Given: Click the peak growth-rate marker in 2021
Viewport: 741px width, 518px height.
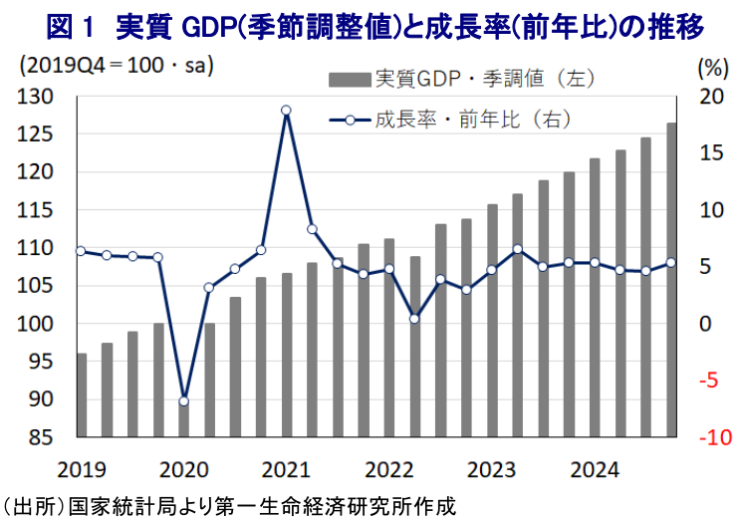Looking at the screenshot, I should point(286,111).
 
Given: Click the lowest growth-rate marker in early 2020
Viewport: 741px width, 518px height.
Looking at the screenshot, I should point(183,400).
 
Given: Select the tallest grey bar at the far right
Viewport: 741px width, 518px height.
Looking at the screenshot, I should point(671,279).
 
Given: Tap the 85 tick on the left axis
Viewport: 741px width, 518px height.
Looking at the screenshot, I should point(41,437).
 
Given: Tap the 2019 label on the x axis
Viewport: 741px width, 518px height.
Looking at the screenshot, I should point(81,468).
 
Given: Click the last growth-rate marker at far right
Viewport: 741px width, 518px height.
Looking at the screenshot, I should point(671,263).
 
